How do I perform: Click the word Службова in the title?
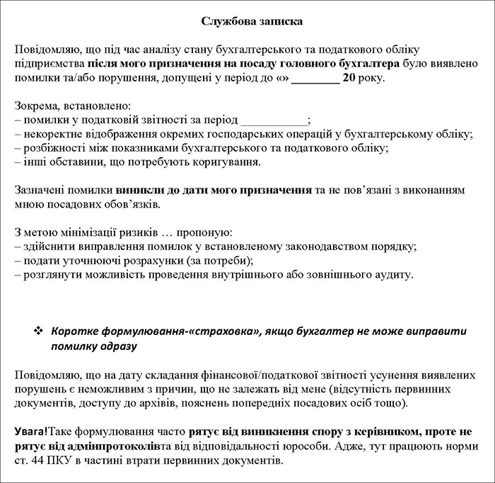click(x=223, y=22)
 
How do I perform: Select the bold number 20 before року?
click(x=348, y=78)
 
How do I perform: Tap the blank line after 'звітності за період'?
click(x=274, y=120)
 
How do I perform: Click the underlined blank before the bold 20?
click(x=315, y=78)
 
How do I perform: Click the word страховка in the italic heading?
click(x=209, y=331)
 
